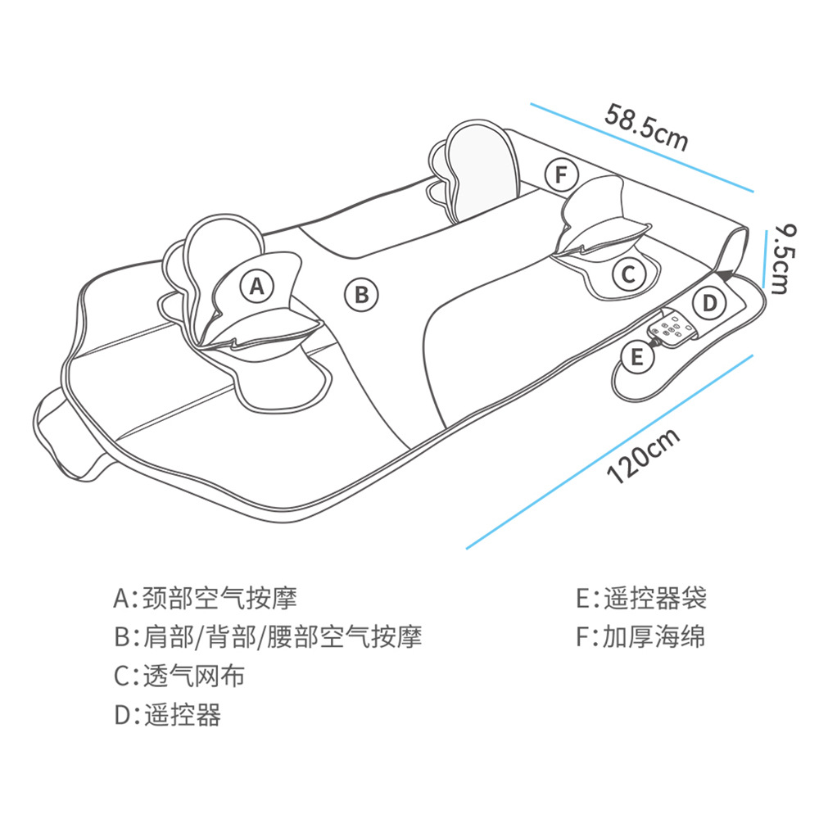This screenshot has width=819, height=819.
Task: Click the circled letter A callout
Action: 257,287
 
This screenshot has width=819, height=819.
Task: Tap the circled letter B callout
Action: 361,293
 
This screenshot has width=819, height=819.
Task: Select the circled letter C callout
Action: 628,274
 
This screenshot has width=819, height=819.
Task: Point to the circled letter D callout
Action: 710,303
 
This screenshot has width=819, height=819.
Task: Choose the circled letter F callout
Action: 561,174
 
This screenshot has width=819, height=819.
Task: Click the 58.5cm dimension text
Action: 646,125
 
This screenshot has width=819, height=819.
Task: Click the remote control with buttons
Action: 674,328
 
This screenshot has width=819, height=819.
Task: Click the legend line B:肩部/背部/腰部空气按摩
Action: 268,636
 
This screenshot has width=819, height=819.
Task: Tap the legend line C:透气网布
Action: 179,676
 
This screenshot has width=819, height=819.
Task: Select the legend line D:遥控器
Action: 167,715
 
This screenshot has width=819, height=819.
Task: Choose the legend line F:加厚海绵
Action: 640,636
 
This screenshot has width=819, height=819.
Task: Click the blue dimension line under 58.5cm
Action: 640,147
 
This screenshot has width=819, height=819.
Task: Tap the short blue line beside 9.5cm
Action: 765,258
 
